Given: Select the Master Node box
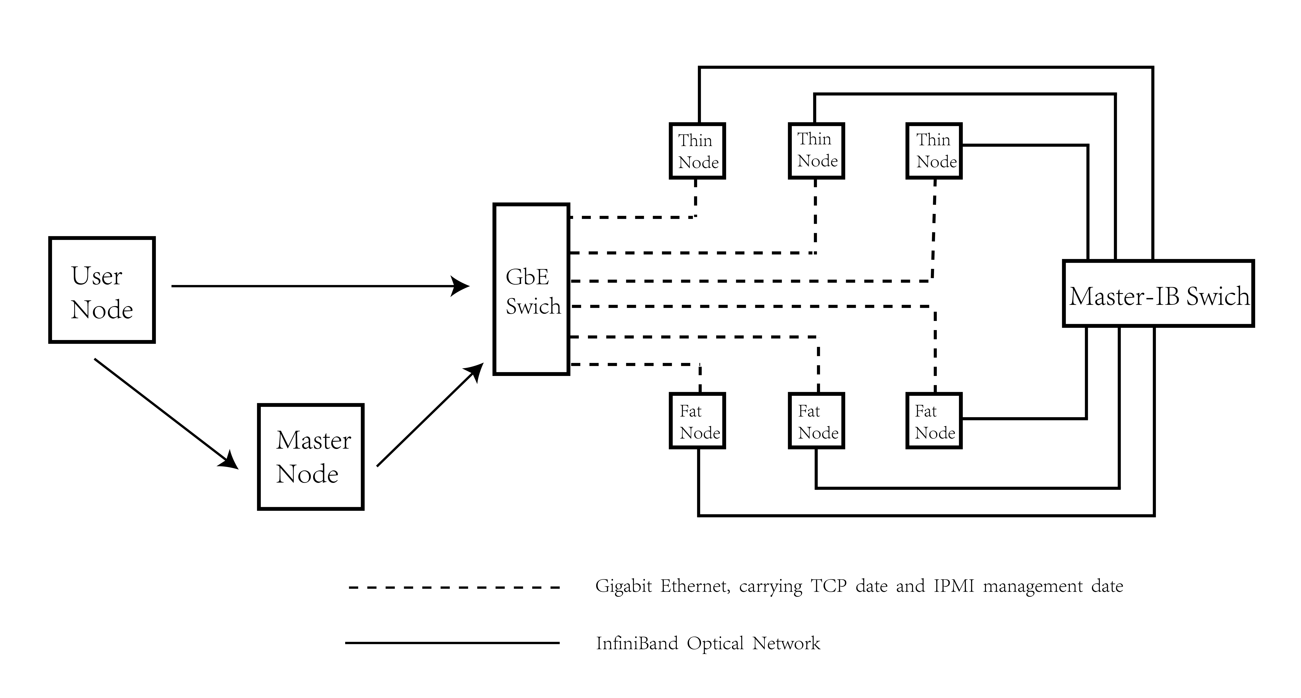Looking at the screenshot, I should point(311,457).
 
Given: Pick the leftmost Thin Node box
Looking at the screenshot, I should point(697,151).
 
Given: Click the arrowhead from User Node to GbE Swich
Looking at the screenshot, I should point(461,286).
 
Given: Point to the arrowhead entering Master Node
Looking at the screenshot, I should point(230,460).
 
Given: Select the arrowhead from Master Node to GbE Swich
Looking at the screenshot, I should point(475,372).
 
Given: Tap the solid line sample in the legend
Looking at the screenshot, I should point(452,643).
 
